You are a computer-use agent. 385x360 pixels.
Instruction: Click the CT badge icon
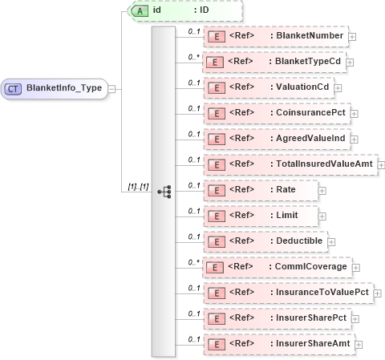pos(14,87)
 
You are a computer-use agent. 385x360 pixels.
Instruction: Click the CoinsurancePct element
pos(277,113)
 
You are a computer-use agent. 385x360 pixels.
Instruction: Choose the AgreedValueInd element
pos(278,139)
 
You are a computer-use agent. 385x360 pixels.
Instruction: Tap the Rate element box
pos(260,190)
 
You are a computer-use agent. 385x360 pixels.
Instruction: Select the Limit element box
pos(261,216)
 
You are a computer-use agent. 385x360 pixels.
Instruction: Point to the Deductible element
pos(264,241)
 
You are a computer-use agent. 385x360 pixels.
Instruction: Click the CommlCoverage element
pos(276,267)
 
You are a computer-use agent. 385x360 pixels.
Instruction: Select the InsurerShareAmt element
pos(278,343)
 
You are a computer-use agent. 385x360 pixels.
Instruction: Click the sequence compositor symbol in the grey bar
pos(164,192)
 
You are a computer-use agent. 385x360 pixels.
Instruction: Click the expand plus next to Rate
pos(322,191)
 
